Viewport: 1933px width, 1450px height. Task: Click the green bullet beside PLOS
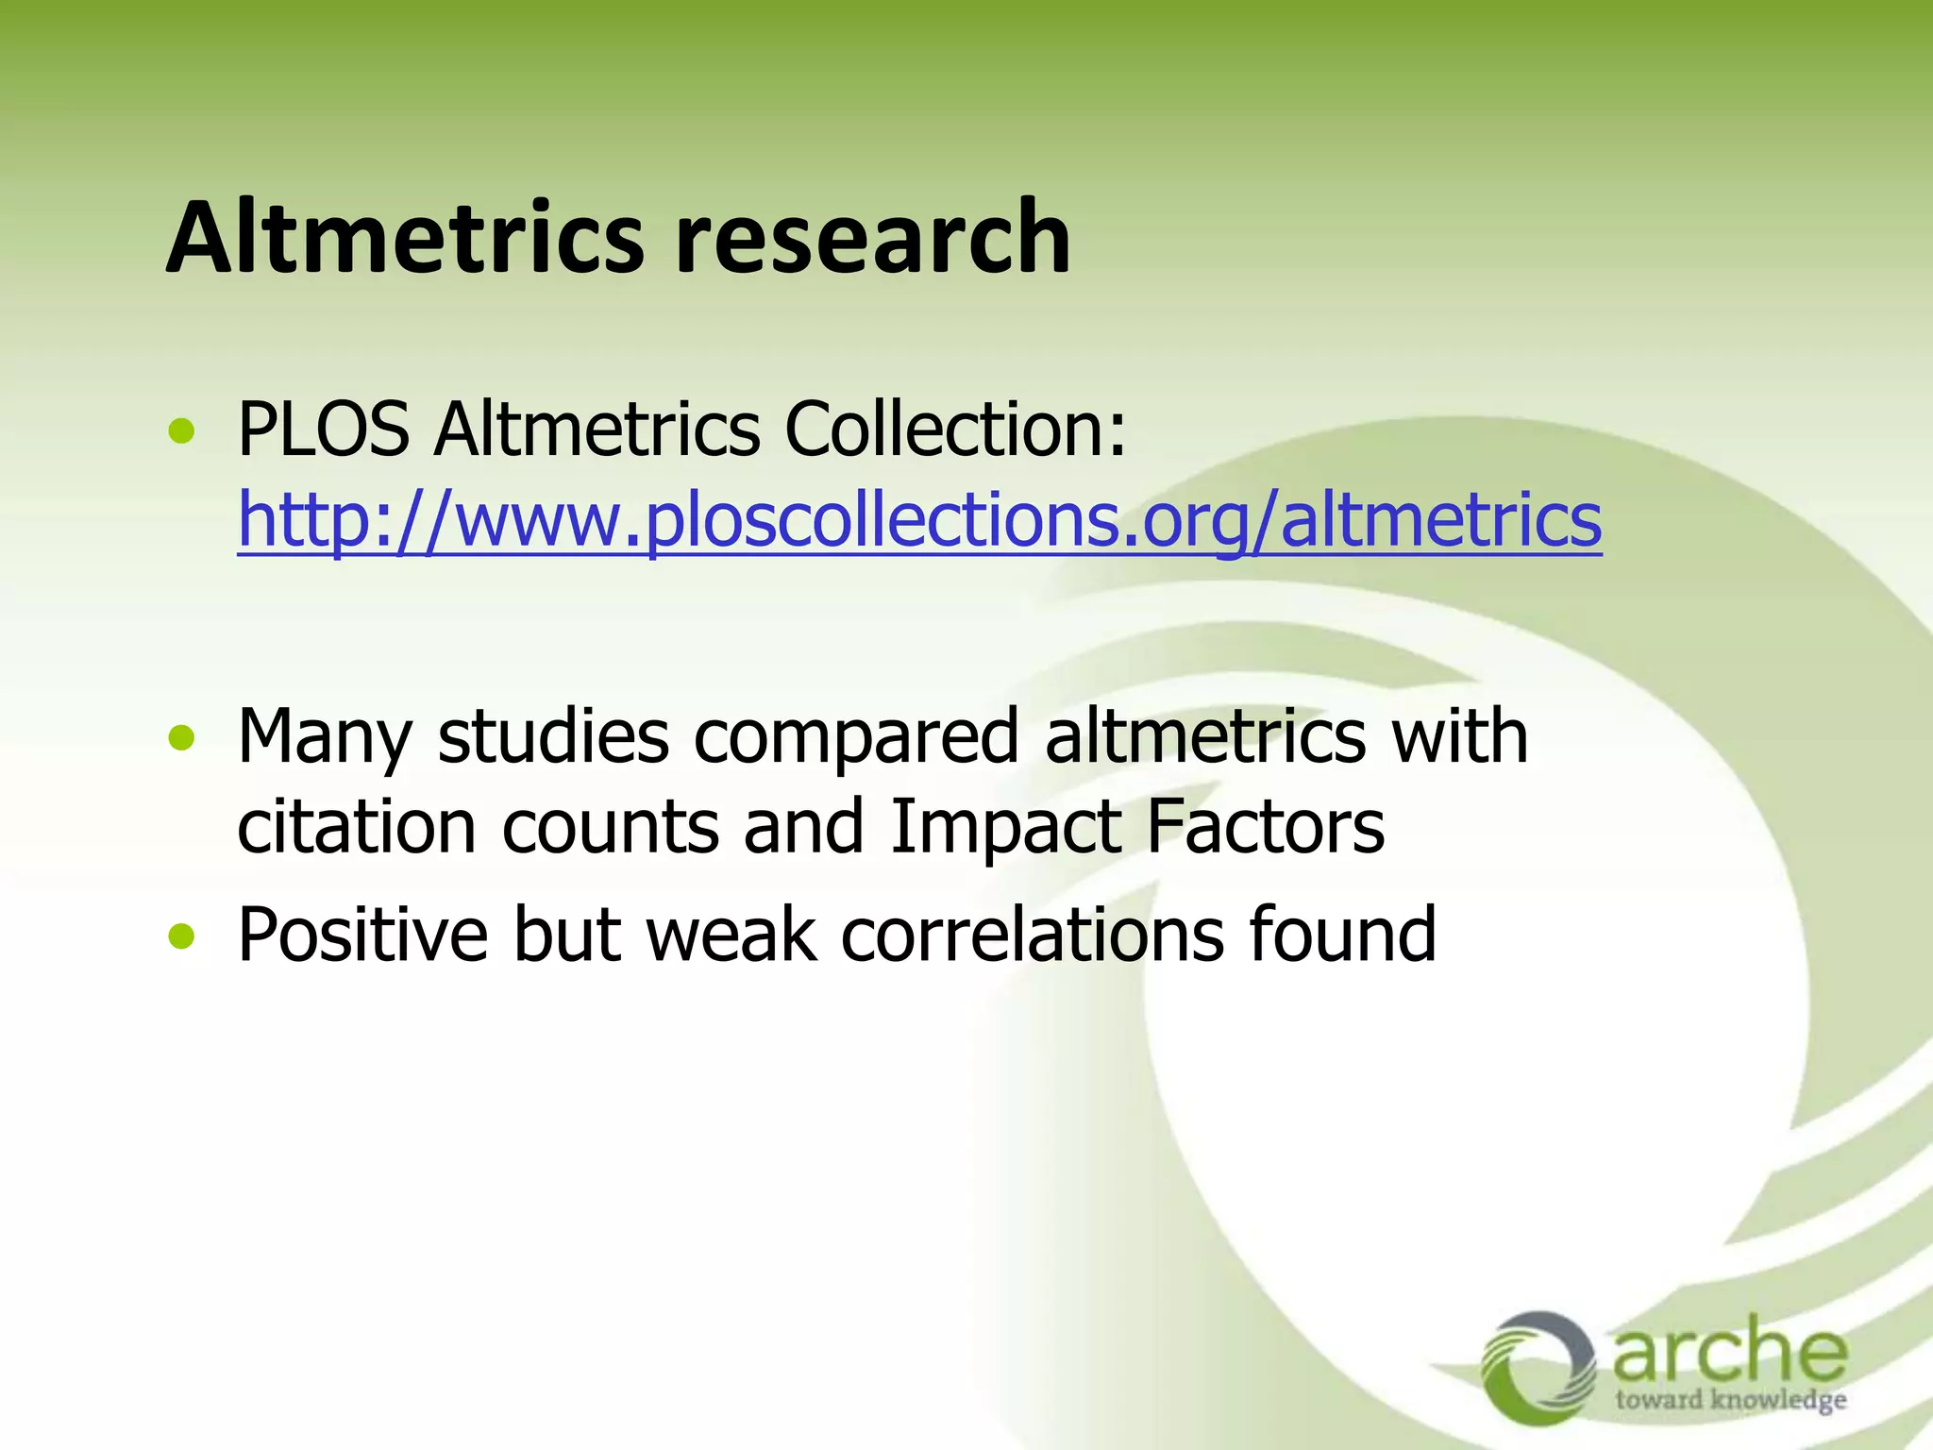[181, 432]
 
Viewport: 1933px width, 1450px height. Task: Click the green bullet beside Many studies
[181, 738]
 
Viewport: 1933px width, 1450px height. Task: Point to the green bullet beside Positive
[181, 936]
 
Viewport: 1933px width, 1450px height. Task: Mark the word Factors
[1265, 827]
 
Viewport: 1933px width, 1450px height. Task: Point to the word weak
[731, 935]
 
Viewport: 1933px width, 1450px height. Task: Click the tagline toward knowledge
[1730, 1400]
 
